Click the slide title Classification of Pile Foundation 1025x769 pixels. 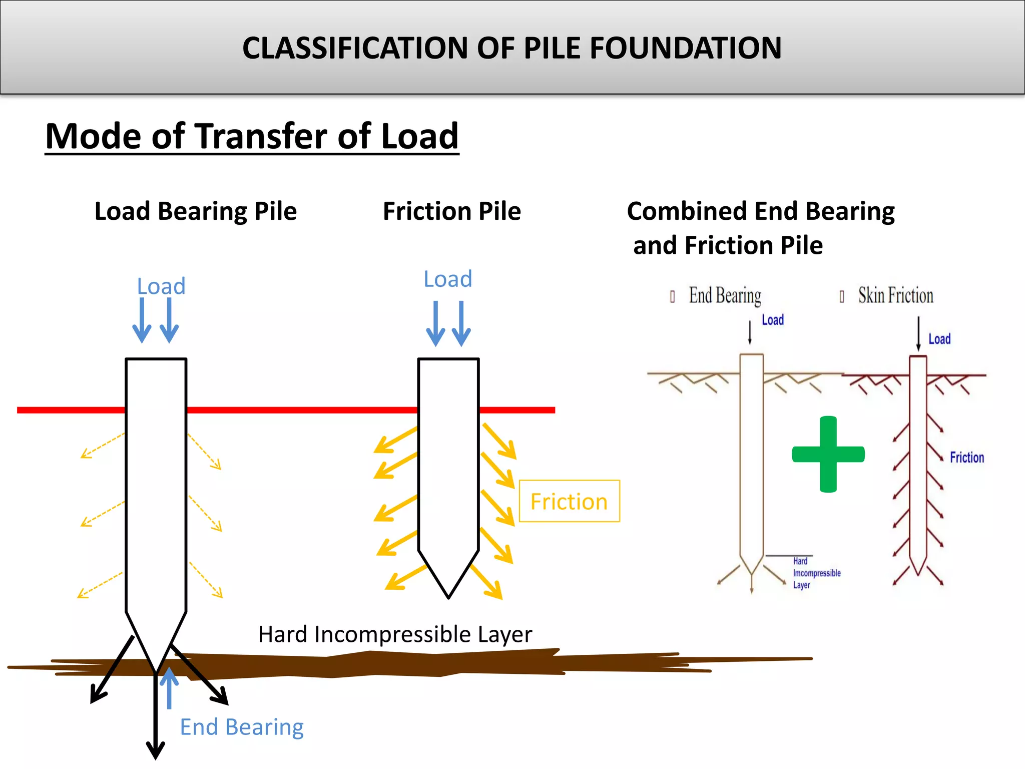pos(511,48)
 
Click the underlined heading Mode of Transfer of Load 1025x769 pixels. pos(252,136)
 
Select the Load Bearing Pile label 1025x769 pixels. pos(196,211)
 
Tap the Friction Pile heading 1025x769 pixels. pos(451,211)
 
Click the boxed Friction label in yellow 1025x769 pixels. pos(569,501)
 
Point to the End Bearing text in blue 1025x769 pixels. pos(242,727)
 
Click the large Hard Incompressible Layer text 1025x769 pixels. pos(395,634)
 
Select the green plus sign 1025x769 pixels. pos(828,454)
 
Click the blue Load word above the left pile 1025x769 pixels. pos(161,286)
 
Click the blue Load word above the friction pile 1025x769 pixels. pos(447,279)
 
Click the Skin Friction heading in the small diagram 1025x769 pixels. pos(895,295)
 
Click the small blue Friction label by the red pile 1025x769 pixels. pos(966,457)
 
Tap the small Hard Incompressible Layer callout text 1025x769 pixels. pos(816,573)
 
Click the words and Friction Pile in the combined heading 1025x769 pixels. pos(728,245)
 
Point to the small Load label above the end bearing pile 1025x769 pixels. pos(772,320)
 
